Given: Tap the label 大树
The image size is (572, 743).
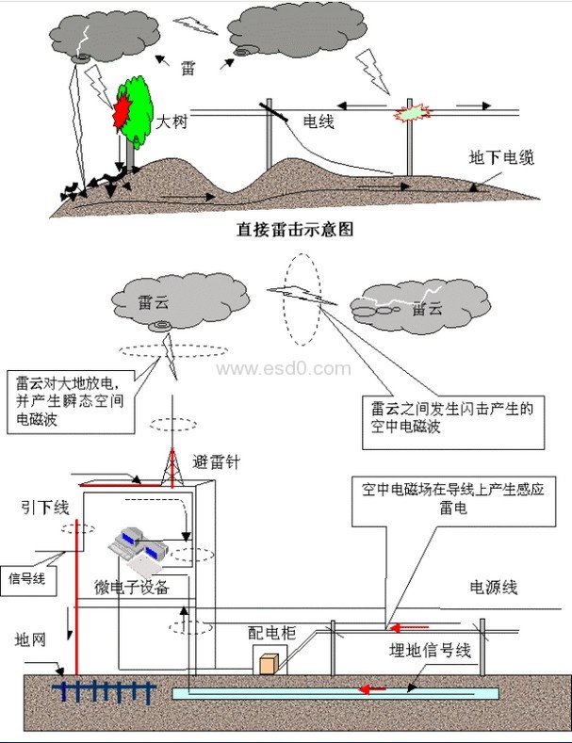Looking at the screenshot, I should point(171,121).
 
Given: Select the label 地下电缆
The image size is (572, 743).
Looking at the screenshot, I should point(502,158).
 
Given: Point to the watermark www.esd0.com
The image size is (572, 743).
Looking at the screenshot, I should point(283,368).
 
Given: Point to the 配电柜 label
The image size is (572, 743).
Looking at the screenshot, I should point(271,633).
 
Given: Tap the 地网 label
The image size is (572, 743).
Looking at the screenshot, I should point(29,639).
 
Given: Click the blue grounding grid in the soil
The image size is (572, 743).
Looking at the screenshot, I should point(103,691).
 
